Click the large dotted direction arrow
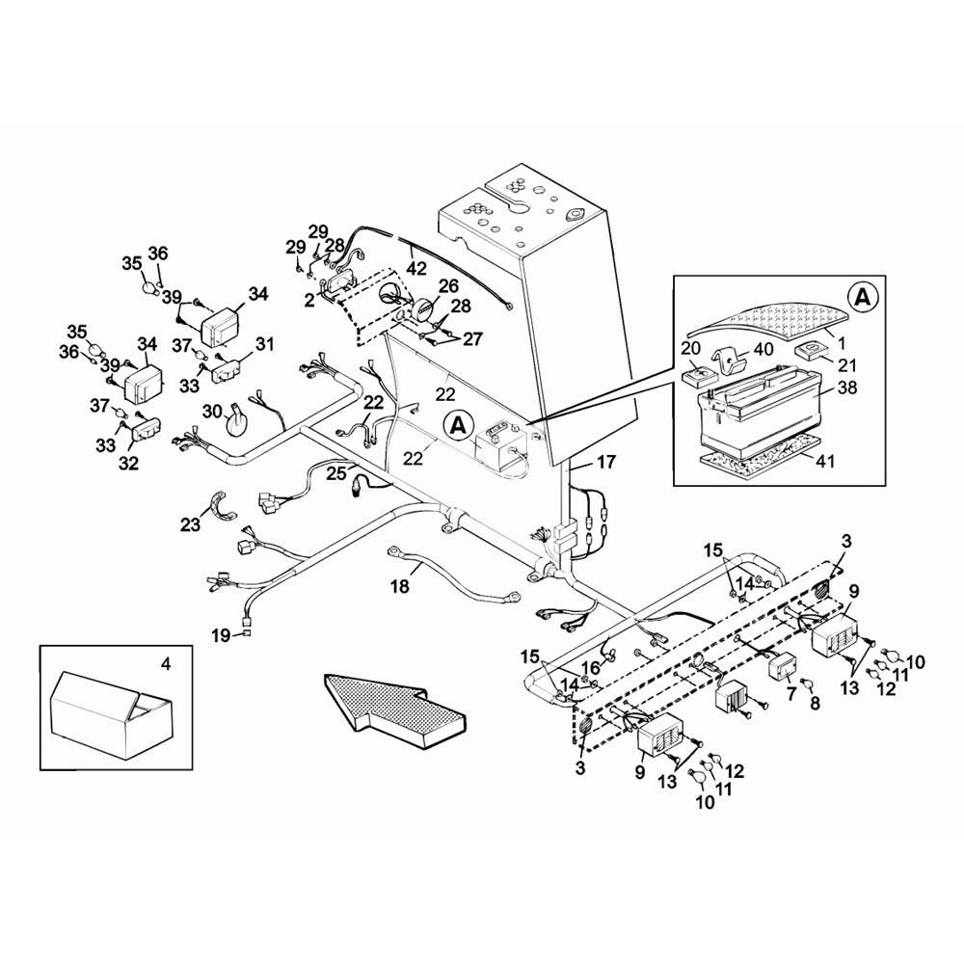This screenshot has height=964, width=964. click(x=393, y=703)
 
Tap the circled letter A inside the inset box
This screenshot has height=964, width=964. click(x=863, y=298)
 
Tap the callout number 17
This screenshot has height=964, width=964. click(x=606, y=462)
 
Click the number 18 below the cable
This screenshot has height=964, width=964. click(x=400, y=586)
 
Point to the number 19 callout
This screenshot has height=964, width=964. click(x=222, y=635)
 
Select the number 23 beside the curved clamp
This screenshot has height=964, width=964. click(x=191, y=524)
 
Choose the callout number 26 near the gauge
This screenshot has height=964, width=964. click(x=448, y=285)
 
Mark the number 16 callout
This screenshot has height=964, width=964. click(x=590, y=668)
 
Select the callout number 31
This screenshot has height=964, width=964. click(x=264, y=344)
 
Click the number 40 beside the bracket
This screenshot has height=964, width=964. click(x=763, y=350)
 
